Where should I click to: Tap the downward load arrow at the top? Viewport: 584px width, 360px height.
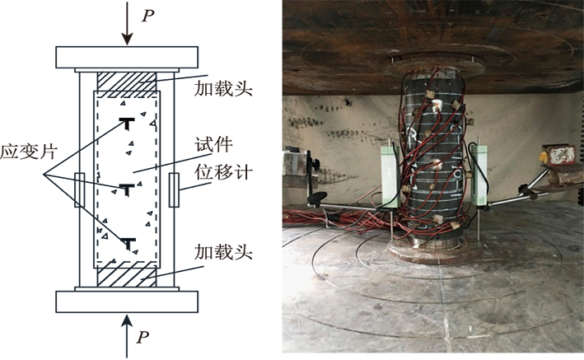(127, 25)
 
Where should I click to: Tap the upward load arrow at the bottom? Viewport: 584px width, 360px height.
(127, 333)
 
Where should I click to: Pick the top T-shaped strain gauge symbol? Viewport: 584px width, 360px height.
(127, 124)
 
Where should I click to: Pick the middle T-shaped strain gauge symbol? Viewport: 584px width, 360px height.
(127, 189)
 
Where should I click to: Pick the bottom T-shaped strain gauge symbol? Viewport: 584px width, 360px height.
(127, 242)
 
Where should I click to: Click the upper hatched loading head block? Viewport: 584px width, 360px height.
(127, 82)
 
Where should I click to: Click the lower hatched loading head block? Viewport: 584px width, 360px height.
(127, 276)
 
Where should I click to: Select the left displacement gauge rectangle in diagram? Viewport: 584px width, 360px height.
(79, 189)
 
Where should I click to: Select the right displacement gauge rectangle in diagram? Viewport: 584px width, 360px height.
(175, 189)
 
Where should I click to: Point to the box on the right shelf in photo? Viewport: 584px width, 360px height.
(562, 156)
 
